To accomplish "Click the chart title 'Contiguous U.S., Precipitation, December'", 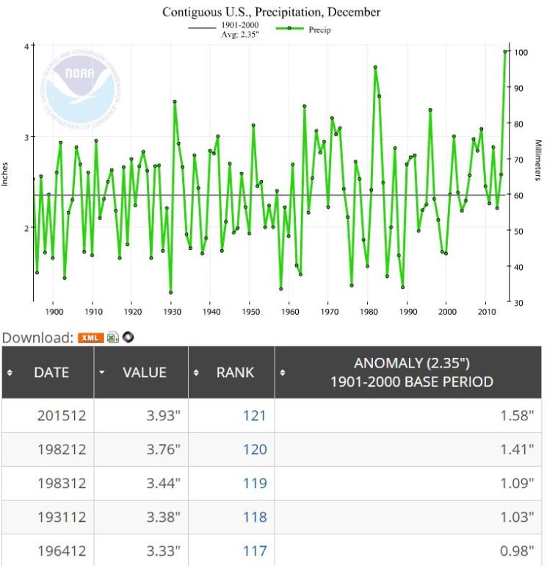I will coord(271,12).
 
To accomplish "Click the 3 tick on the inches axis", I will coord(23,137).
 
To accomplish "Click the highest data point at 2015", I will coord(505,51).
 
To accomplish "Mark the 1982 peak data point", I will coord(375,67).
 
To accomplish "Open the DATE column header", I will coord(51,373).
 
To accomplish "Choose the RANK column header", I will coord(235,373).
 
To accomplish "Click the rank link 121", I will coord(254,416).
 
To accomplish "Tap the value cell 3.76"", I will coord(162,449).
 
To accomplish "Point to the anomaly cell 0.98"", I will coord(518,551).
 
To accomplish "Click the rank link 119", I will coord(254,483).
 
